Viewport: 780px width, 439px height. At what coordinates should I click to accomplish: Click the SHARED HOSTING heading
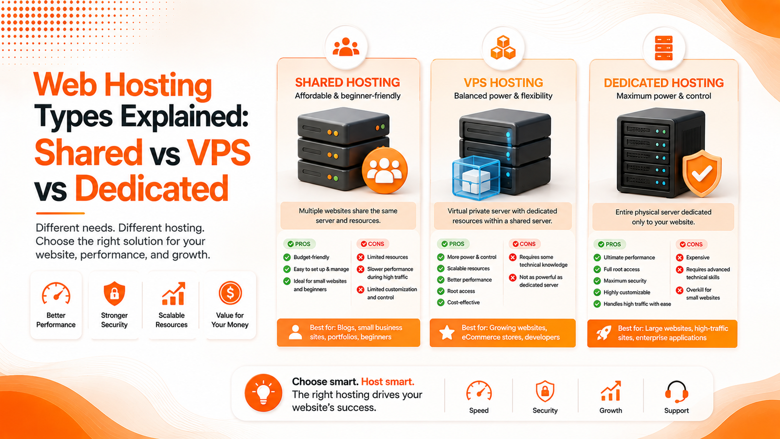pyautogui.click(x=348, y=82)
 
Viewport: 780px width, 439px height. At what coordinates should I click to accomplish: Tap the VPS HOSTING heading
pyautogui.click(x=503, y=82)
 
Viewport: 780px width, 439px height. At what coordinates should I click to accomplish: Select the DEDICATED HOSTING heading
pyautogui.click(x=663, y=83)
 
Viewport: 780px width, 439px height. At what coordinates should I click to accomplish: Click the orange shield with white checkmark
pyautogui.click(x=702, y=173)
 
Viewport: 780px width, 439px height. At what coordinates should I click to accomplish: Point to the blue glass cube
pyautogui.click(x=476, y=179)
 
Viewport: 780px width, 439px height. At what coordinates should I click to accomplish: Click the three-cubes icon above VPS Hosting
pyautogui.click(x=503, y=48)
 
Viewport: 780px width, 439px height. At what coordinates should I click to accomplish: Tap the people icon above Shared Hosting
pyautogui.click(x=346, y=47)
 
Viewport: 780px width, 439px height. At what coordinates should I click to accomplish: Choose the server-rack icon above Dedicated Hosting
pyautogui.click(x=663, y=48)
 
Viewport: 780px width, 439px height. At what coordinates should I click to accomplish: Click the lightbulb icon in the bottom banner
pyautogui.click(x=263, y=393)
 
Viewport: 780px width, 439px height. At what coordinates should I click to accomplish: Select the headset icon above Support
pyautogui.click(x=676, y=392)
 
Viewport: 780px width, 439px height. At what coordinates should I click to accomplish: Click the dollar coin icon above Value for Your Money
pyautogui.click(x=230, y=293)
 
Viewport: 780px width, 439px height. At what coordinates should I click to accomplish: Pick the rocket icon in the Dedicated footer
pyautogui.click(x=604, y=333)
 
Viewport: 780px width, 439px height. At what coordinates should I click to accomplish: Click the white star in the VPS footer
pyautogui.click(x=447, y=332)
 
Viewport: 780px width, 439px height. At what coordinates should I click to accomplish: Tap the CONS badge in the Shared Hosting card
pyautogui.click(x=372, y=244)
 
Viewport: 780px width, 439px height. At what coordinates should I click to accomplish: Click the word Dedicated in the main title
pyautogui.click(x=152, y=188)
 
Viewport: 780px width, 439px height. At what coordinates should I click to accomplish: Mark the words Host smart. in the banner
pyautogui.click(x=388, y=382)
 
